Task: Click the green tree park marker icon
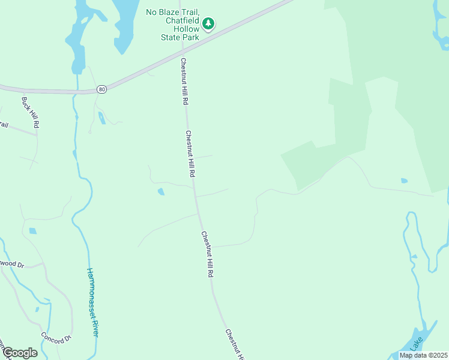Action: (208, 24)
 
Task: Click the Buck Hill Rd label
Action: (30, 113)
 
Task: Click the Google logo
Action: (20, 353)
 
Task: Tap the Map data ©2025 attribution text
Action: (423, 355)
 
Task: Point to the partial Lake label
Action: (415, 343)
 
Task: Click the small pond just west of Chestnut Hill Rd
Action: (161, 192)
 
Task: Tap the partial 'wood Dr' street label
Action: (12, 263)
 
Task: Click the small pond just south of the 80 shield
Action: (101, 118)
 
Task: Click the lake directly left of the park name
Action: (124, 24)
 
